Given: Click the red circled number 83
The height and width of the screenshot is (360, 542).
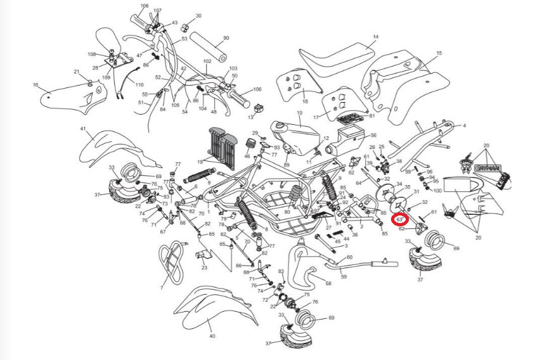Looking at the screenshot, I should coord(400,220).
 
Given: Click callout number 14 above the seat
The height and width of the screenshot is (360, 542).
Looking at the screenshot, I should coord(375,37).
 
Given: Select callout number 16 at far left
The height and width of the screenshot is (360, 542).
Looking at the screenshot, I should coord(35,84).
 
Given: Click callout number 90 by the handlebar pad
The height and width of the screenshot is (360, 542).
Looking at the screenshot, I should coord(226,38).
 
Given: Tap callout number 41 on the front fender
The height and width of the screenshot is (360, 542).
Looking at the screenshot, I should coord(82,129).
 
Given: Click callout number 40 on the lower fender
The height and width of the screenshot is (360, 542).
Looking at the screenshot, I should coord(212,335).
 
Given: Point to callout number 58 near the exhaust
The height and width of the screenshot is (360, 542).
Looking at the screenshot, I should coord(328,283).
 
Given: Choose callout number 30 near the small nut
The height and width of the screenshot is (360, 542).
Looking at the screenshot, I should coord(198,16).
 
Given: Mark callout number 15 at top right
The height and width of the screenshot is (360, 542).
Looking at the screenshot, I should coord(439,53).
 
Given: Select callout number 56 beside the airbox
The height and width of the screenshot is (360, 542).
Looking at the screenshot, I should coord(373,135).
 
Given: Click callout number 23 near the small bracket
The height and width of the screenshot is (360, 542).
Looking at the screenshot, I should coord(204,267).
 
